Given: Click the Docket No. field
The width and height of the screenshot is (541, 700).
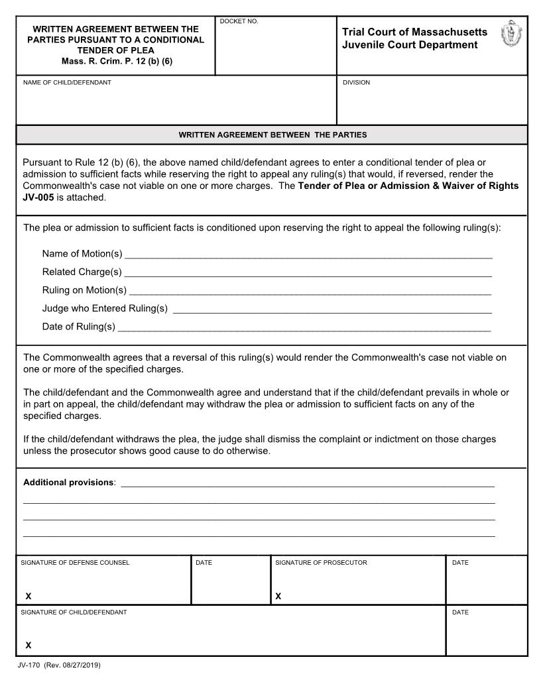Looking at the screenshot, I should [x=275, y=50].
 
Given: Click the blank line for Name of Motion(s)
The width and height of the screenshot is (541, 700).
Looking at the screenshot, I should [x=308, y=254].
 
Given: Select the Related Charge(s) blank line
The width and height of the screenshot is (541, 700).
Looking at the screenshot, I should [x=308, y=272].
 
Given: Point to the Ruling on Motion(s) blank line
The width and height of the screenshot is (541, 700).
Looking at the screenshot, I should [x=310, y=290].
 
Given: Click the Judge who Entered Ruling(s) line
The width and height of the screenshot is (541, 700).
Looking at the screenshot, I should [x=331, y=308].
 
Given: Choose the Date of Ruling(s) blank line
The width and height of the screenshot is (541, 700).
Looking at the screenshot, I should [x=304, y=326].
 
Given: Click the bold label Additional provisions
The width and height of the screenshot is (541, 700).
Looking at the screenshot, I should [x=69, y=482].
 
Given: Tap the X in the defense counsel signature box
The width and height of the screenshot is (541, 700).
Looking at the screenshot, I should [x=29, y=596].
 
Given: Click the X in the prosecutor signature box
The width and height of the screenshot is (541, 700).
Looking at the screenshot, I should [x=278, y=596].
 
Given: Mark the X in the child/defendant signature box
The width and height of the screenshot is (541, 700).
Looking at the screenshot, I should [x=29, y=645].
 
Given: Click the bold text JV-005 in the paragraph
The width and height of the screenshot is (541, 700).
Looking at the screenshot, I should [x=37, y=198].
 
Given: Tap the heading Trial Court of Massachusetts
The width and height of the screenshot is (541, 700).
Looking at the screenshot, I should [x=414, y=32].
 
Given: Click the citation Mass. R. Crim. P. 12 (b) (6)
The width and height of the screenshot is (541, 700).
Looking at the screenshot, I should [x=116, y=61].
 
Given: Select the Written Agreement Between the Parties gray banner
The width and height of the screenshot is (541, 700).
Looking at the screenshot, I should [x=272, y=135].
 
